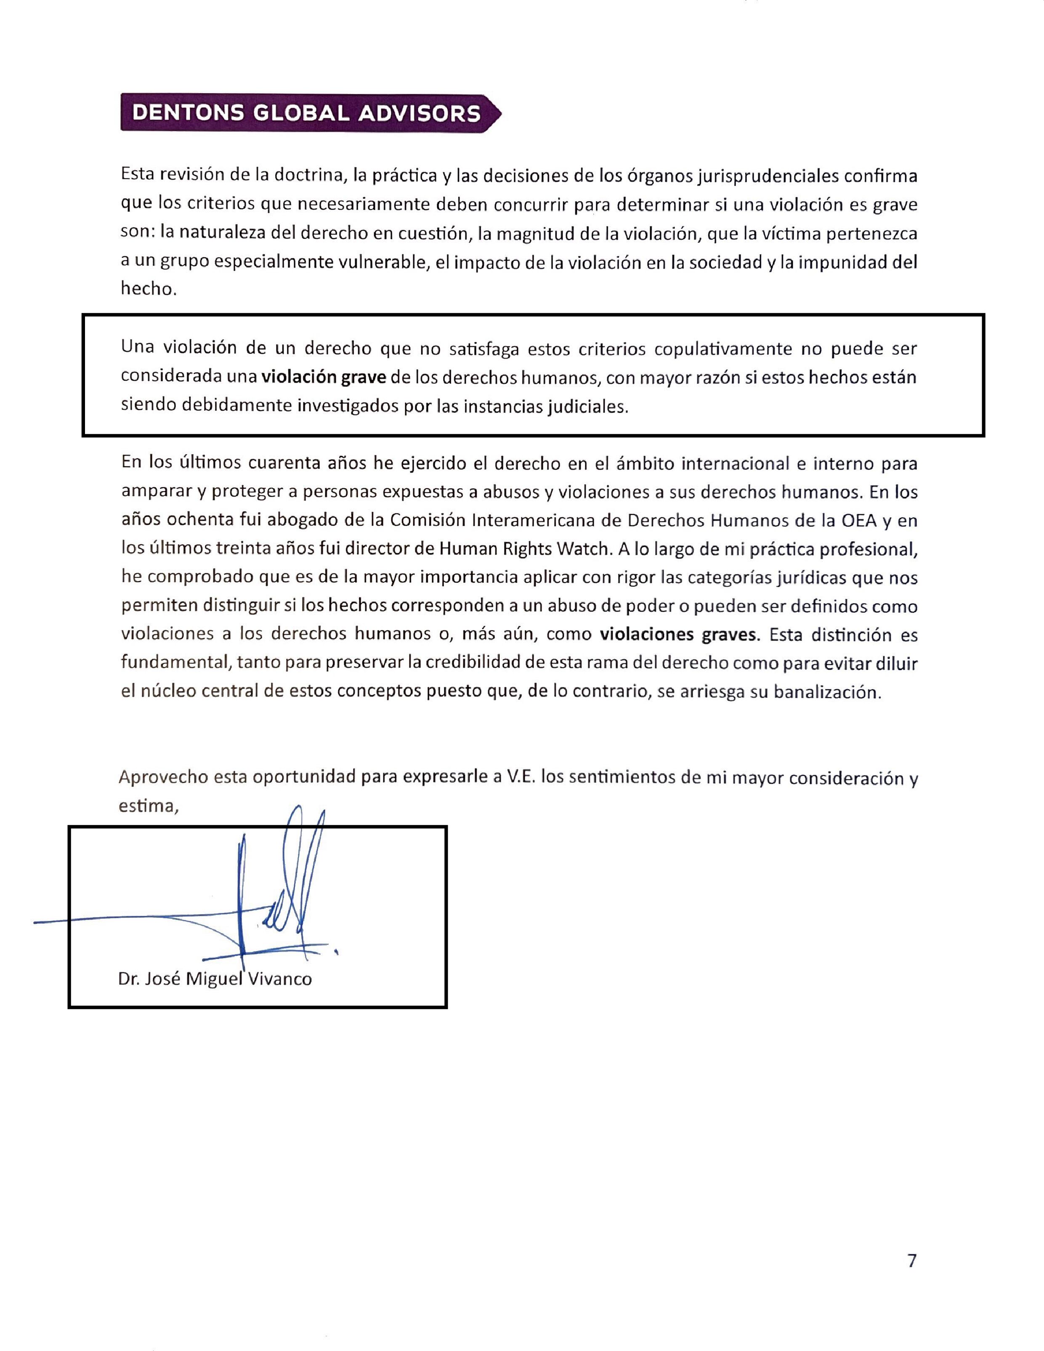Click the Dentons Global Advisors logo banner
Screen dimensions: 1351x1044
tap(309, 113)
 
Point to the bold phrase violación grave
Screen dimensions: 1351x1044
tap(324, 378)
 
